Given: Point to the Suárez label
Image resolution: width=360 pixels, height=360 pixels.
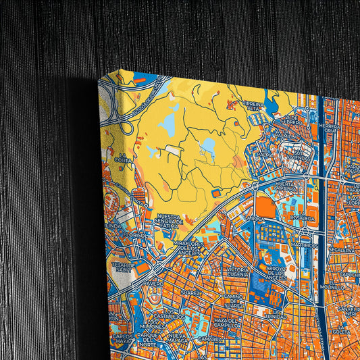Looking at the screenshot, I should click(x=191, y=292).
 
